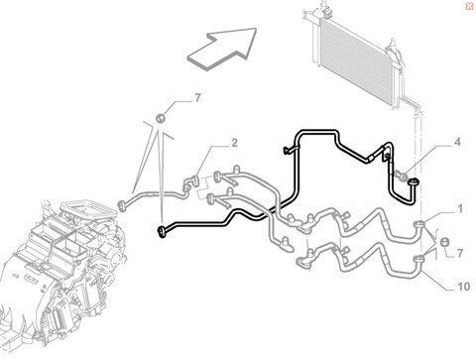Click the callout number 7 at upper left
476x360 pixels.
click(197, 98)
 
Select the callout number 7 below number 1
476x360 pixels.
click(460, 254)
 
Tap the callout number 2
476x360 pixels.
click(234, 143)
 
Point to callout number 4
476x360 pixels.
click(457, 143)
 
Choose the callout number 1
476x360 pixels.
click(460, 209)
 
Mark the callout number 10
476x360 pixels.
click(463, 287)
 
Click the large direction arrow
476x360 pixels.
click(222, 49)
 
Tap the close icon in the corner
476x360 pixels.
click(469, 7)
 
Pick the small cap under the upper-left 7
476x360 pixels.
click(161, 118)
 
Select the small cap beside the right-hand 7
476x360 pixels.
click(445, 242)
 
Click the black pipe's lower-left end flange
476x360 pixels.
click(162, 232)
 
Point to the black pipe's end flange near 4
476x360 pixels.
click(414, 181)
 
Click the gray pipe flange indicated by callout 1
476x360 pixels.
click(419, 224)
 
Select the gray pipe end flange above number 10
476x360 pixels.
click(419, 259)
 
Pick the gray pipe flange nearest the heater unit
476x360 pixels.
click(122, 205)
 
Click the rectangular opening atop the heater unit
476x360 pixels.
click(89, 210)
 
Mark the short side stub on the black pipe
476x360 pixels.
click(289, 151)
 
